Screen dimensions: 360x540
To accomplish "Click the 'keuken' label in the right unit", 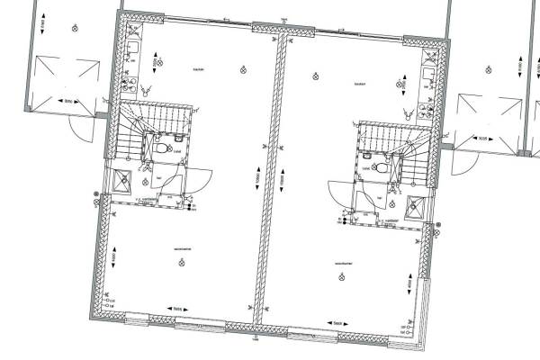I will point(358,84).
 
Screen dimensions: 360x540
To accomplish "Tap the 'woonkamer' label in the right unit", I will point(344,264).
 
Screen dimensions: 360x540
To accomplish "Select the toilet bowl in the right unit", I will point(381,166).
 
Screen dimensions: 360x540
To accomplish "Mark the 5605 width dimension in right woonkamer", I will point(338,322).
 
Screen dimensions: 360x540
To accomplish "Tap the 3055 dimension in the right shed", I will point(482,138).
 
